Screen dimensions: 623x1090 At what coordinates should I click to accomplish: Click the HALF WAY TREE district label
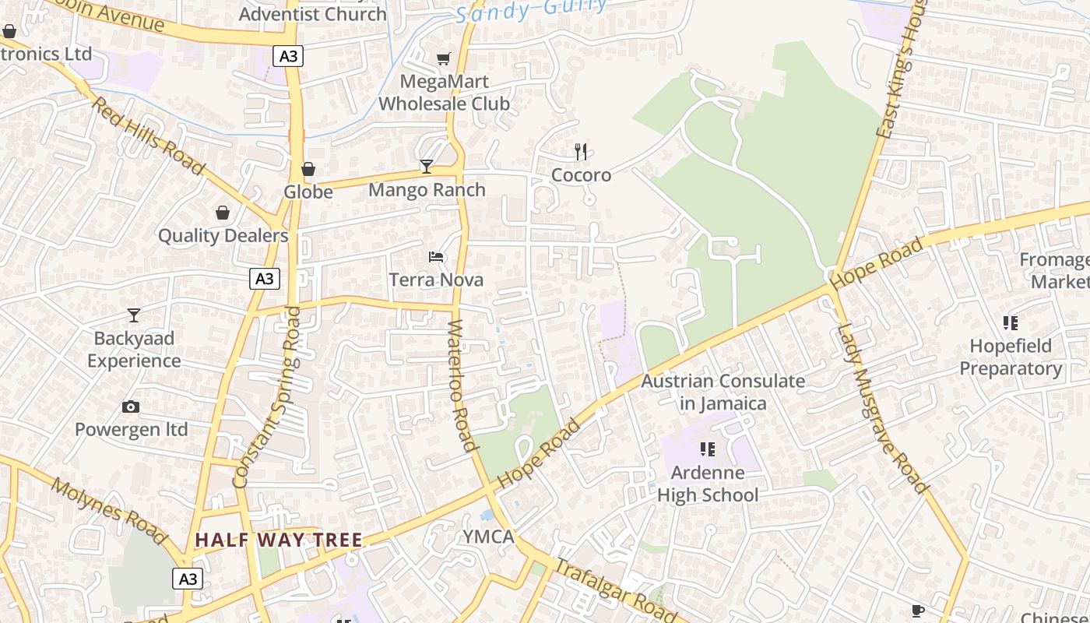[278, 540]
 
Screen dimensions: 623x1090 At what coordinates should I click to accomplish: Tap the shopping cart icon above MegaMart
[444, 58]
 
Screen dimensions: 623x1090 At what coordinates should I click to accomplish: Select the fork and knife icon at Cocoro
[581, 151]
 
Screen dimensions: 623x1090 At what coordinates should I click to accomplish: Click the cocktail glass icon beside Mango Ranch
[427, 166]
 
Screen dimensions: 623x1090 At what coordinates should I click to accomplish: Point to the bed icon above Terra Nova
[436, 257]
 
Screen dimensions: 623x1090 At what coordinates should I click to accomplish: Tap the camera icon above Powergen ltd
[131, 407]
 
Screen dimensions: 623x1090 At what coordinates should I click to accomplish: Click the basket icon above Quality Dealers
[223, 213]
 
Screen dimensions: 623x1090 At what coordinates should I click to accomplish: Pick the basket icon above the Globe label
[308, 169]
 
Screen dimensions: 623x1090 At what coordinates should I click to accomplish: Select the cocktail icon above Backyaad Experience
[134, 315]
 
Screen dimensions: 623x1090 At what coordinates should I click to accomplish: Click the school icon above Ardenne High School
[707, 449]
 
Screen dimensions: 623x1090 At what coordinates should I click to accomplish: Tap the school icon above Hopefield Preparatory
[1011, 323]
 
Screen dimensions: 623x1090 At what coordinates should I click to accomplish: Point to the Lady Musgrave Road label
[881, 409]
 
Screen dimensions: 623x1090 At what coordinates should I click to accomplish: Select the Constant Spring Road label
[267, 397]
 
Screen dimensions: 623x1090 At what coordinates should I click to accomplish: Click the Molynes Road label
[109, 511]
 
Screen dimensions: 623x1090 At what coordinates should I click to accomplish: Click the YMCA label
[489, 537]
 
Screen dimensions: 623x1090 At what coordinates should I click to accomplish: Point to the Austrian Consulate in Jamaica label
[723, 392]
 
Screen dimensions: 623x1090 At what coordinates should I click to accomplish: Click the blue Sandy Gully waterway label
[531, 10]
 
